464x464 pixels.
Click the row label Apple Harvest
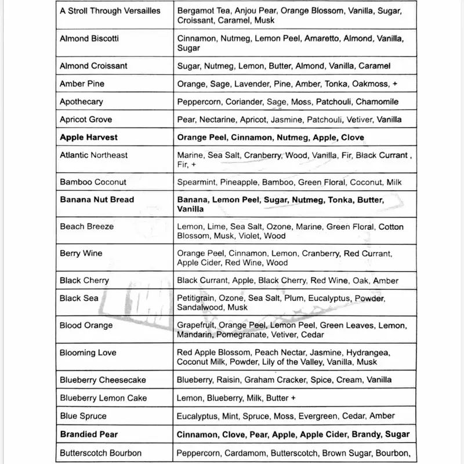(89, 137)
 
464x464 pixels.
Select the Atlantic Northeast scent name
(94, 155)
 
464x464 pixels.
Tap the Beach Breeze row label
(87, 226)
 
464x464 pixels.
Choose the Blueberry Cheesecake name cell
(103, 380)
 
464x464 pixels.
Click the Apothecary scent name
(82, 101)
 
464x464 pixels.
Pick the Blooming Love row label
(88, 353)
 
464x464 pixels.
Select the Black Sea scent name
(79, 298)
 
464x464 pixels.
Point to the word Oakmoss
(368, 84)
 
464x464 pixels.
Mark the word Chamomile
(377, 101)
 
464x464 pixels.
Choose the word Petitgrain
(196, 298)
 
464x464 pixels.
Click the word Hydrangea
(371, 353)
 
